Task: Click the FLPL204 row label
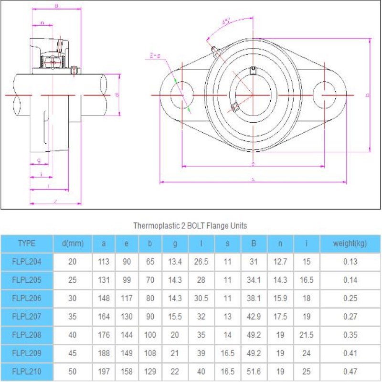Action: pyautogui.click(x=26, y=262)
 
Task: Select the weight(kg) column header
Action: pyautogui.click(x=350, y=244)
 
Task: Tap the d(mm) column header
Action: pyautogui.click(x=73, y=244)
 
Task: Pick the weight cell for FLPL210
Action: pyautogui.click(x=350, y=371)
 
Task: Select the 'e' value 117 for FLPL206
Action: pyautogui.click(x=127, y=298)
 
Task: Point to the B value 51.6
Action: pyautogui.click(x=254, y=371)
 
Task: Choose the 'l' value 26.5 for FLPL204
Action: pyautogui.click(x=202, y=262)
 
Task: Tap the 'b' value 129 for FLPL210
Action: pyautogui.click(x=150, y=371)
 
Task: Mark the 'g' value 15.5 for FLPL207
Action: pyautogui.click(x=175, y=317)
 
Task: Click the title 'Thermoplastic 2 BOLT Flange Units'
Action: pyautogui.click(x=190, y=225)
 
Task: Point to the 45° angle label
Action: pyautogui.click(x=226, y=21)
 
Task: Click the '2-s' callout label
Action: pyautogui.click(x=154, y=56)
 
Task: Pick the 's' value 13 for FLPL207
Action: pyautogui.click(x=227, y=317)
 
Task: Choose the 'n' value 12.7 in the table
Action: pyautogui.click(x=280, y=262)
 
